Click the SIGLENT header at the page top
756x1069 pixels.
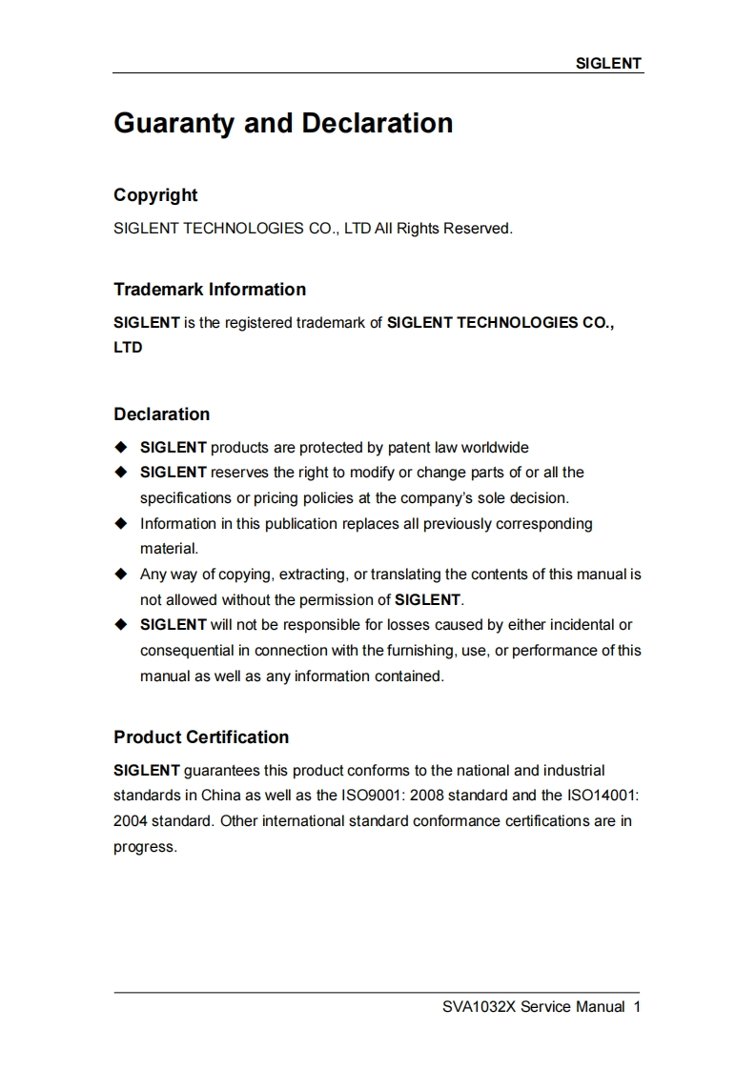click(x=609, y=64)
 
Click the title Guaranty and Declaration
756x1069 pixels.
click(x=283, y=124)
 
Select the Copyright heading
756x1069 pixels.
click(x=155, y=195)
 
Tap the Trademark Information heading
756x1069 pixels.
click(x=210, y=290)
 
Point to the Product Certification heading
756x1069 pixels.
click(x=201, y=737)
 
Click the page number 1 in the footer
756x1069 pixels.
click(x=637, y=1007)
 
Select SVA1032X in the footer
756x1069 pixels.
click(x=479, y=1007)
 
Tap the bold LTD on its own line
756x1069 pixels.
click(x=128, y=348)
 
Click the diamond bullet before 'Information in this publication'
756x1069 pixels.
click(x=120, y=523)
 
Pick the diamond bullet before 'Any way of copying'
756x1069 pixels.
click(x=120, y=575)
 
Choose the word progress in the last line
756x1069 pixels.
click(x=144, y=847)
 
